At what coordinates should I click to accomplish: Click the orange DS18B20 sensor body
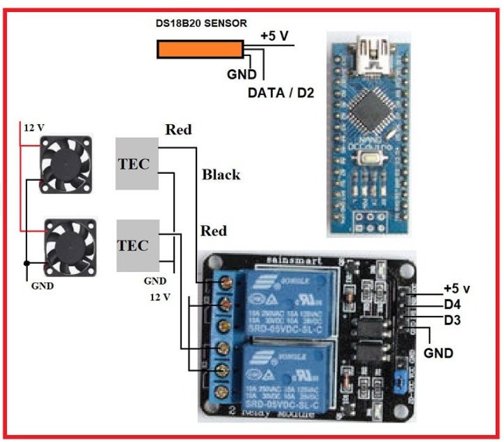pos(200,49)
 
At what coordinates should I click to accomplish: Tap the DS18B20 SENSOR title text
pos(201,23)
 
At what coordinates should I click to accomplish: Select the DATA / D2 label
pos(280,93)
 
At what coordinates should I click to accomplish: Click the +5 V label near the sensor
pos(275,36)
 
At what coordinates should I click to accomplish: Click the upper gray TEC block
pos(136,163)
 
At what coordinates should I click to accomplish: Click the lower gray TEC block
pos(136,245)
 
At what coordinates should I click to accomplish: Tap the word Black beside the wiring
pos(221,174)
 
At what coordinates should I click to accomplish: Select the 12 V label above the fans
pos(34,127)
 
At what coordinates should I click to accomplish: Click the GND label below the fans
pos(42,285)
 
